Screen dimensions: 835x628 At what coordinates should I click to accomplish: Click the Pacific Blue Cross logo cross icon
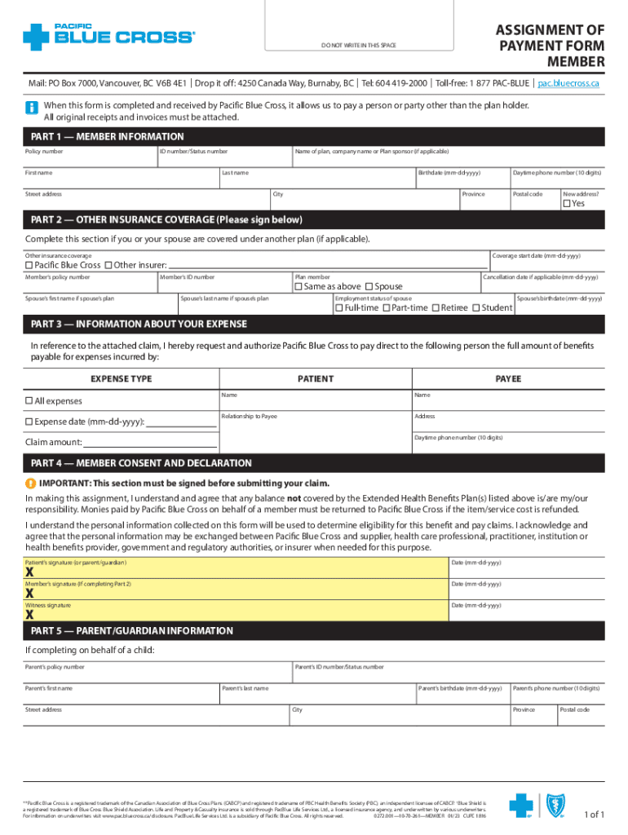tap(38, 37)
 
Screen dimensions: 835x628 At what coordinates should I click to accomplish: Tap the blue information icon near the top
tap(32, 108)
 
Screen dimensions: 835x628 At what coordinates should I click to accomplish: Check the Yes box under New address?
tap(565, 204)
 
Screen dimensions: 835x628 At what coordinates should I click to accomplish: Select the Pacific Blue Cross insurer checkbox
tap(29, 265)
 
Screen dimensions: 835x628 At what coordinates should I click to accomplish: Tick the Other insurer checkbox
tap(108, 265)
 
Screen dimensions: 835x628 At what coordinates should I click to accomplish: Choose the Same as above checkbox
tap(299, 287)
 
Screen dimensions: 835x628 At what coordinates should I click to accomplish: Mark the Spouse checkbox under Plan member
tap(369, 287)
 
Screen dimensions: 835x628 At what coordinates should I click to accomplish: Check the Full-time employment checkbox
tap(339, 308)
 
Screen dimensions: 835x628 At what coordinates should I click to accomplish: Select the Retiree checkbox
tap(436, 308)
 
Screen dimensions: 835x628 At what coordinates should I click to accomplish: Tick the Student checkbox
tap(476, 308)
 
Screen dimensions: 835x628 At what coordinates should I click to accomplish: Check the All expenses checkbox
tap(29, 401)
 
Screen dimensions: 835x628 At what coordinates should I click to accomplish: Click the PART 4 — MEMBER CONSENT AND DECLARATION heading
tap(141, 463)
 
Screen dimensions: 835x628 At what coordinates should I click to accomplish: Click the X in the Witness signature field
tap(29, 615)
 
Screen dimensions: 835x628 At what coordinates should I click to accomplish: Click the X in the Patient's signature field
tap(29, 572)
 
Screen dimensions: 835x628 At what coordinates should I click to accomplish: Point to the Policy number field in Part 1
tap(90, 158)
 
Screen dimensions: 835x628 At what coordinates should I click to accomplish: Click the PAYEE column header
tap(508, 379)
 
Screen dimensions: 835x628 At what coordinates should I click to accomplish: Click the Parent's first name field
tap(121, 695)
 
